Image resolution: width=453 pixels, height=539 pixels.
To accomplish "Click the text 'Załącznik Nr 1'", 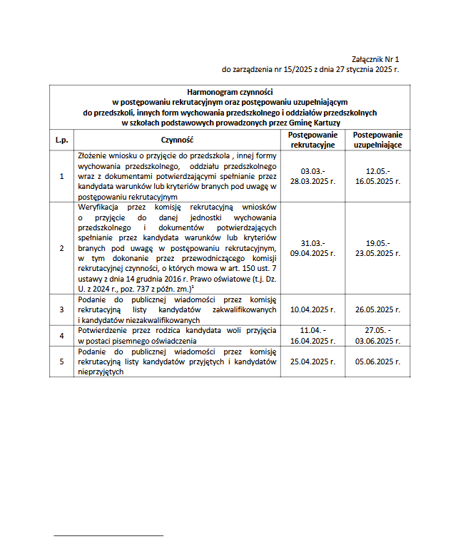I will (x=375, y=59).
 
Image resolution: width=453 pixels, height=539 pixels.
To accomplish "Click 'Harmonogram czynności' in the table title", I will (x=230, y=92).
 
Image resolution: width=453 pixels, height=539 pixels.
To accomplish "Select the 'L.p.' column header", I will (x=61, y=140).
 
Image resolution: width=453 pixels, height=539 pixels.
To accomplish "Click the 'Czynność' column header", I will (x=178, y=140).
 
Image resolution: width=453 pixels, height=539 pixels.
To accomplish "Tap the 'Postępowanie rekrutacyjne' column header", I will (x=313, y=140).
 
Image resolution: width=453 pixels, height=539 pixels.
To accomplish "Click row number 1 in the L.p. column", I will (x=61, y=176).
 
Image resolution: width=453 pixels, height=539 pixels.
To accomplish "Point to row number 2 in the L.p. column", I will (x=61, y=247).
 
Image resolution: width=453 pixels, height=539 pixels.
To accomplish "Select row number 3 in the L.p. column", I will (x=61, y=309).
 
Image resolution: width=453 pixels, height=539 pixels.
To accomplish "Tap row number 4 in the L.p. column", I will (x=61, y=336).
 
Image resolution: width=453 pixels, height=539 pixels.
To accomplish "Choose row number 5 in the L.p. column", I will (x=61, y=361).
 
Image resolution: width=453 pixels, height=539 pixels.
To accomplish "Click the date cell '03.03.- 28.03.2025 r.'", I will (x=313, y=176).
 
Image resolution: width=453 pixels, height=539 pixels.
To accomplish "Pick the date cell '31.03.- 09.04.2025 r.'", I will (x=313, y=247).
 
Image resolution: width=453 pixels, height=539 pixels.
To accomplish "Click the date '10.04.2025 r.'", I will (x=313, y=309).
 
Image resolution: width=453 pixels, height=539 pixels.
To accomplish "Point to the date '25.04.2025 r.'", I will (x=313, y=361).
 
